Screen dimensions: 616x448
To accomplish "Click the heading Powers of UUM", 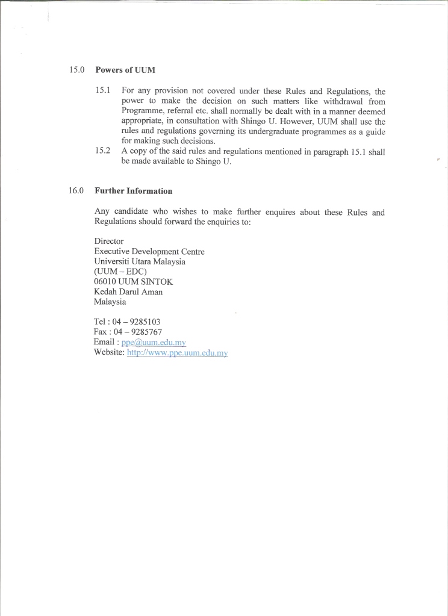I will (125, 70).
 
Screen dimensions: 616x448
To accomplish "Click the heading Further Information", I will (134, 191).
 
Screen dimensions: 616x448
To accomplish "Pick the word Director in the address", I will (109, 241).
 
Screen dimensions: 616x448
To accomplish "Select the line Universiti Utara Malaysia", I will (140, 261).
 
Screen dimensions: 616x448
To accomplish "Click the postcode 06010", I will (107, 282).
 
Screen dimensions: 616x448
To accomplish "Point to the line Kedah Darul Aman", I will (128, 292).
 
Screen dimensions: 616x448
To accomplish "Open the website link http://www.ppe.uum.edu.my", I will (177, 353).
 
